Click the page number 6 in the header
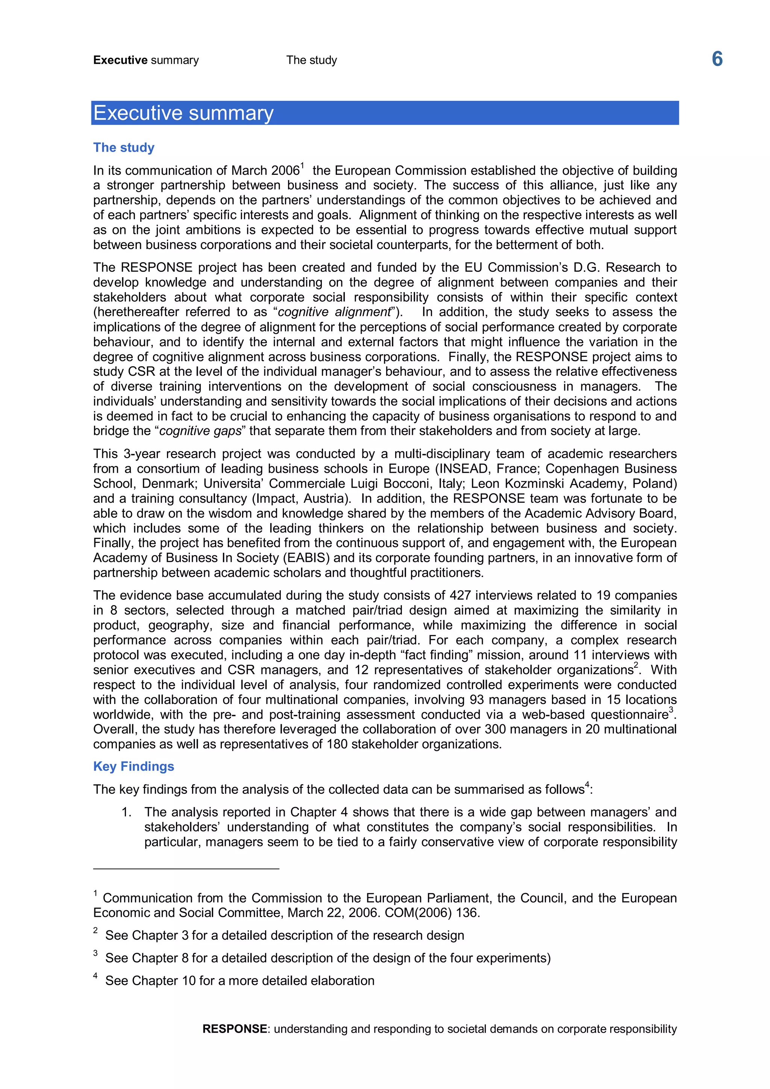pos(717,59)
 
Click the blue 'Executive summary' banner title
pos(183,113)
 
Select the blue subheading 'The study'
pos(124,147)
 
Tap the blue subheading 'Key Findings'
pos(134,766)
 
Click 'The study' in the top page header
pos(312,60)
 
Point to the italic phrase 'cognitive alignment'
pos(334,312)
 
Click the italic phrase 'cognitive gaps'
pos(200,431)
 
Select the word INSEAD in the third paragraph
pos(463,469)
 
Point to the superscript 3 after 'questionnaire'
pos(671,710)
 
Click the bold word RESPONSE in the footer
pos(234,1029)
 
